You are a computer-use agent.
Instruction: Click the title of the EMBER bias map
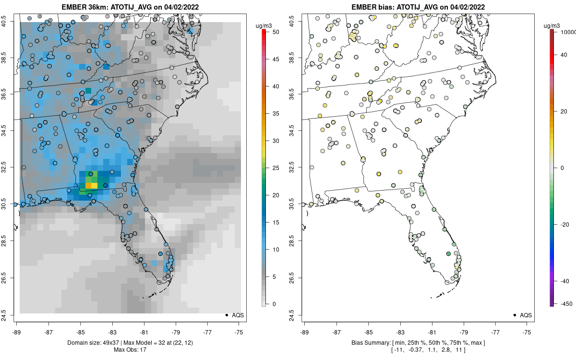click(418, 7)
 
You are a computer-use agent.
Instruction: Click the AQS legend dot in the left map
click(226, 315)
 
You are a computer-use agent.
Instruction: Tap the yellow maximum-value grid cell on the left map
click(94, 185)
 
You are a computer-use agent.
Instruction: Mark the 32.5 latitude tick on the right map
click(292, 168)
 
